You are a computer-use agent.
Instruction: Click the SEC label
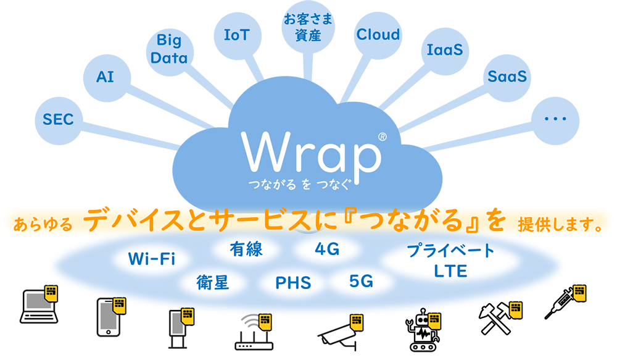(x=58, y=119)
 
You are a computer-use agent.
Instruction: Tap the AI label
(x=105, y=77)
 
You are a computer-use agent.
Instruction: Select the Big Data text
(x=168, y=50)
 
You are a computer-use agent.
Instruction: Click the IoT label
(x=236, y=35)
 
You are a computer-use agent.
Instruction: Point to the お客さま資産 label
(x=308, y=27)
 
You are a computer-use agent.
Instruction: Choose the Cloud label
(x=378, y=35)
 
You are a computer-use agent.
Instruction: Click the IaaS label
(x=444, y=51)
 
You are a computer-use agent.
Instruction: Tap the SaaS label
(x=507, y=77)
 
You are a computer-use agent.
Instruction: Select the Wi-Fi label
(x=152, y=259)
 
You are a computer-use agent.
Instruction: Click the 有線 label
(x=246, y=249)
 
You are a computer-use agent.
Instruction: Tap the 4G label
(x=327, y=249)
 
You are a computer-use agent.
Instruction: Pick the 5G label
(x=361, y=282)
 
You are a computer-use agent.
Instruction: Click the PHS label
(x=293, y=283)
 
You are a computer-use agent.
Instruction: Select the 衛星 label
(x=213, y=283)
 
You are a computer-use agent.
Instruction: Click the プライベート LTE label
(x=450, y=261)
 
